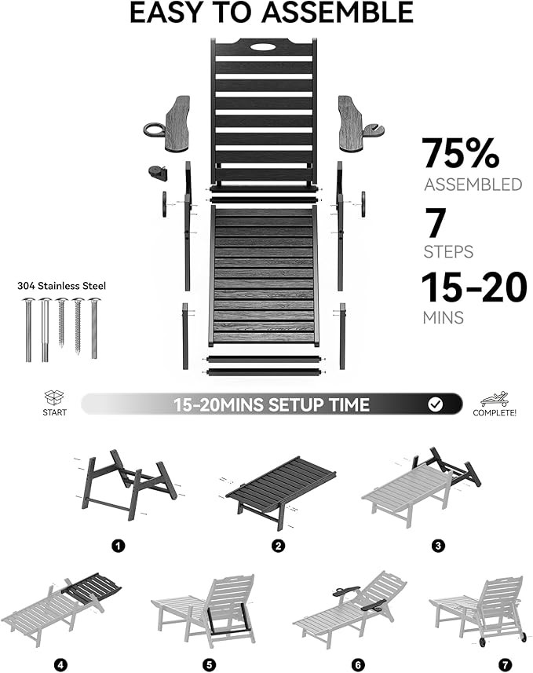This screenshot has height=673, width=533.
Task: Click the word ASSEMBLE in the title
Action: pyautogui.click(x=337, y=13)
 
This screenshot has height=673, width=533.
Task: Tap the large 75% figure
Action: pyautogui.click(x=461, y=153)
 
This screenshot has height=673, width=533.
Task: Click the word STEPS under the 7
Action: pyautogui.click(x=448, y=251)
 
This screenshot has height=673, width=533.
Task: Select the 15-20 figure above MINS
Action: pyautogui.click(x=474, y=287)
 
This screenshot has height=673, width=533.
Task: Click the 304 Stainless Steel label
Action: pyautogui.click(x=61, y=286)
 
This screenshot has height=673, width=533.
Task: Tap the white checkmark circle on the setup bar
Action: pyautogui.click(x=436, y=404)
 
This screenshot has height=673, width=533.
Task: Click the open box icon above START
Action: pyautogui.click(x=54, y=397)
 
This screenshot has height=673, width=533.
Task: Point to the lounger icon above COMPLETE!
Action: pyautogui.click(x=495, y=399)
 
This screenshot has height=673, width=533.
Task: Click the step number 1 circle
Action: pyautogui.click(x=118, y=546)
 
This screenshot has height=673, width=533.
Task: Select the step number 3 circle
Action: pyautogui.click(x=438, y=546)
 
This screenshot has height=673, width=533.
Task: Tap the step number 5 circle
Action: pyautogui.click(x=209, y=665)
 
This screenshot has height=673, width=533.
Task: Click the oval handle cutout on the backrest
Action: pyautogui.click(x=265, y=46)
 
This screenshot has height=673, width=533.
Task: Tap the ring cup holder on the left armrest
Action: pyautogui.click(x=154, y=130)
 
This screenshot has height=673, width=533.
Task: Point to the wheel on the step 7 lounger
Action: pyautogui.click(x=484, y=642)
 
